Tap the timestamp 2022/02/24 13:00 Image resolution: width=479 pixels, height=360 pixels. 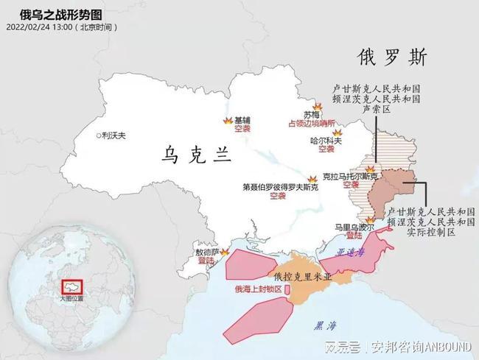click(x=41, y=27)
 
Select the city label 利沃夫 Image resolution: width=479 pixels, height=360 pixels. click(x=114, y=135)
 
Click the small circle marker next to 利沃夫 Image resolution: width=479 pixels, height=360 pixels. click(x=99, y=135)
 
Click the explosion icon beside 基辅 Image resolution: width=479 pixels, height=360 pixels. click(x=226, y=120)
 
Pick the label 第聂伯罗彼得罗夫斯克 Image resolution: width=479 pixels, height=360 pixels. click(x=280, y=187)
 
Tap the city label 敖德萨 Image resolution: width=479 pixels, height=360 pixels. click(x=206, y=251)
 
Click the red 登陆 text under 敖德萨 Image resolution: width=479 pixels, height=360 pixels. click(x=207, y=260)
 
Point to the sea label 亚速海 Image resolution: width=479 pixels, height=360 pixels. click(x=349, y=251)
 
